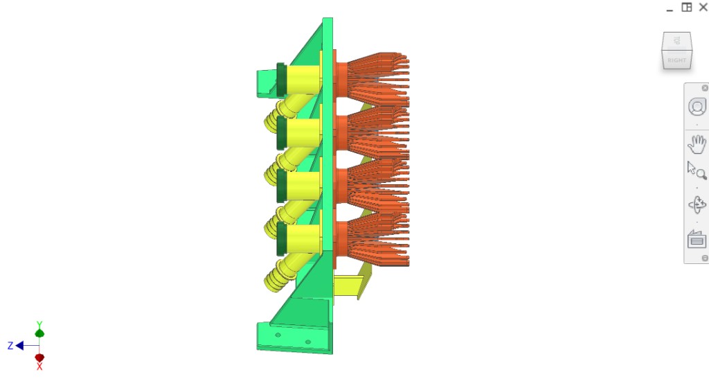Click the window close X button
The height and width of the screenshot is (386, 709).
703,8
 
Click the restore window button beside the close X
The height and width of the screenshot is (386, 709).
686,8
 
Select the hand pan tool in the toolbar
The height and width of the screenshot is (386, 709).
697,145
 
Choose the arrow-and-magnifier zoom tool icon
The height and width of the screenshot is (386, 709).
696,171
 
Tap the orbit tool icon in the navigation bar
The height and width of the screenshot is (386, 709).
697,206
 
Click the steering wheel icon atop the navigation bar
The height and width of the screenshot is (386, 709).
697,107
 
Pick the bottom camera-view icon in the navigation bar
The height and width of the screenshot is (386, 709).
697,239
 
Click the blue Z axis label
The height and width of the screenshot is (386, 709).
10,346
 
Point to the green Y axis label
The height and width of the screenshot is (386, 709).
39,324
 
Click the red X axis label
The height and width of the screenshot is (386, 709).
39,367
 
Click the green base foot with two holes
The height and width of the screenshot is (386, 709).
291,337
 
